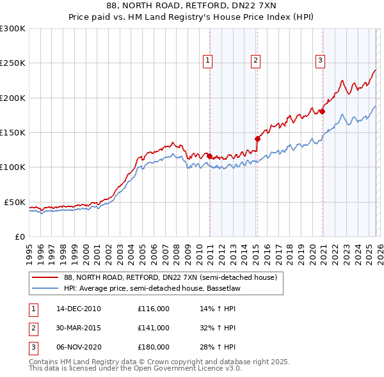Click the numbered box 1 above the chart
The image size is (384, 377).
point(208,61)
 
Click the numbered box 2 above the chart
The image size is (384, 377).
point(255,61)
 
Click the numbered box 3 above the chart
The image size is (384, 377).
point(320,61)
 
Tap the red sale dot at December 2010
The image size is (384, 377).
point(209,155)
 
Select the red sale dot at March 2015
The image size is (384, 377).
point(257,138)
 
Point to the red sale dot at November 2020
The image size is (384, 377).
point(323,111)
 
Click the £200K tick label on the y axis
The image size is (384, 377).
point(12,98)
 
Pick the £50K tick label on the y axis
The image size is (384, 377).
point(15,202)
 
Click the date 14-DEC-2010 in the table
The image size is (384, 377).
point(79,309)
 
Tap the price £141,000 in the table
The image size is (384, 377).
point(154,328)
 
